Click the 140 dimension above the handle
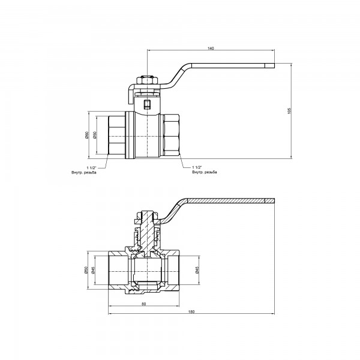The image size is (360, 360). (x=211, y=47)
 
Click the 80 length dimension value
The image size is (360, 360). (x=144, y=304)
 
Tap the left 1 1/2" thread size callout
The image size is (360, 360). (x=91, y=167)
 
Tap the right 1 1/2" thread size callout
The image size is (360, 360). (x=199, y=167)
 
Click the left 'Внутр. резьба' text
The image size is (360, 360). (x=83, y=172)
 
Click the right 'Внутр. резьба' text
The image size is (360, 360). (x=205, y=172)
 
